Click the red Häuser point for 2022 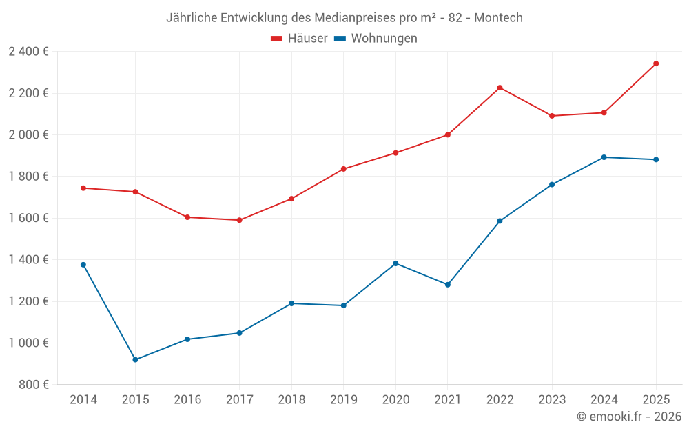pos(500,88)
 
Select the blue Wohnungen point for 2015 pos(135,360)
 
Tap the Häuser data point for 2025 pos(656,63)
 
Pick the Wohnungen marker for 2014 pos(83,265)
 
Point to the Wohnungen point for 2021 pos(448,285)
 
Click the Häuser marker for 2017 pos(239,220)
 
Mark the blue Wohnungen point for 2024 pos(604,157)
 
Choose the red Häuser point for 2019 pos(343,169)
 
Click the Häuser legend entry pos(299,39)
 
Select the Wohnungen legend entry pos(376,39)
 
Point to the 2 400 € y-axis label pos(28,52)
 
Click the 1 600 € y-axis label pos(28,218)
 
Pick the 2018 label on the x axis pos(291,400)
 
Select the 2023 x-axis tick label pos(552,400)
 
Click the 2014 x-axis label pos(83,400)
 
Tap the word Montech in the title pos(498,17)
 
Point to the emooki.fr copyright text pos(629,417)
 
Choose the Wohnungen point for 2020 pos(395,263)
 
